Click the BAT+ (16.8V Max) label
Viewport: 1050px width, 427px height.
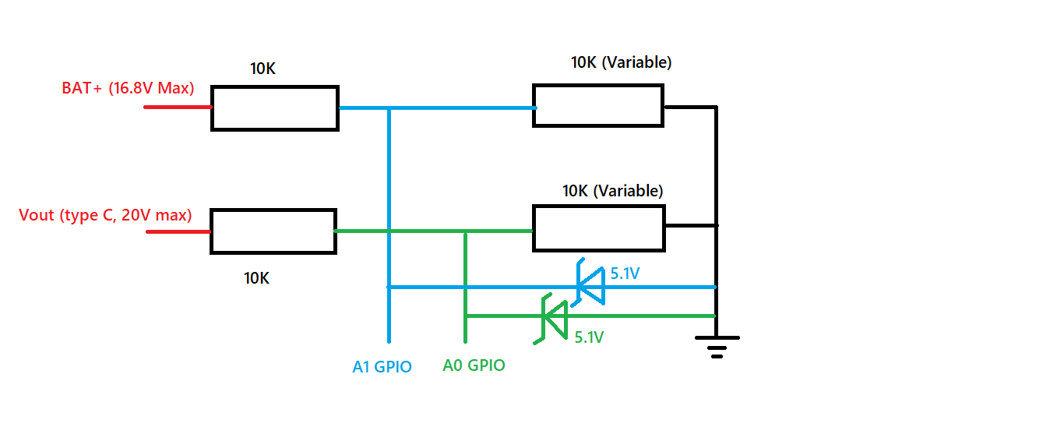pyautogui.click(x=128, y=87)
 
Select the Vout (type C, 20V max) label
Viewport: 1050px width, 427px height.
pyautogui.click(x=105, y=215)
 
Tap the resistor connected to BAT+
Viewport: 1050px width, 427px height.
pyautogui.click(x=274, y=108)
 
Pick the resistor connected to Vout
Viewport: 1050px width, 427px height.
pyautogui.click(x=273, y=231)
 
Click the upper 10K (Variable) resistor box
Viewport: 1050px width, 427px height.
pyautogui.click(x=597, y=105)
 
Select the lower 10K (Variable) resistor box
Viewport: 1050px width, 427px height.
pyautogui.click(x=597, y=228)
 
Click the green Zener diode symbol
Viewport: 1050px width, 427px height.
pyautogui.click(x=554, y=316)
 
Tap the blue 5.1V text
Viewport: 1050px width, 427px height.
pyautogui.click(x=625, y=273)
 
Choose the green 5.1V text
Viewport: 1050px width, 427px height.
pyautogui.click(x=589, y=337)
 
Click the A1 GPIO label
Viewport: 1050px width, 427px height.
pyautogui.click(x=382, y=367)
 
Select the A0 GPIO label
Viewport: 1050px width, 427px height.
pyautogui.click(x=474, y=365)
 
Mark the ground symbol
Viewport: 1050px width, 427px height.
pyautogui.click(x=717, y=344)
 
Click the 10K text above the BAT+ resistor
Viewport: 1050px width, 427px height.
pyautogui.click(x=262, y=69)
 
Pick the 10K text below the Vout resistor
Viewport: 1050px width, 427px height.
pyautogui.click(x=256, y=278)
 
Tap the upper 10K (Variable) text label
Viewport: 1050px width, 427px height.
pyautogui.click(x=621, y=62)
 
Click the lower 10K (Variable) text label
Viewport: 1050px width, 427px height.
pyautogui.click(x=612, y=190)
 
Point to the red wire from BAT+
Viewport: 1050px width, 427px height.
pyautogui.click(x=178, y=107)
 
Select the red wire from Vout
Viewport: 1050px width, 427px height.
pyautogui.click(x=178, y=231)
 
